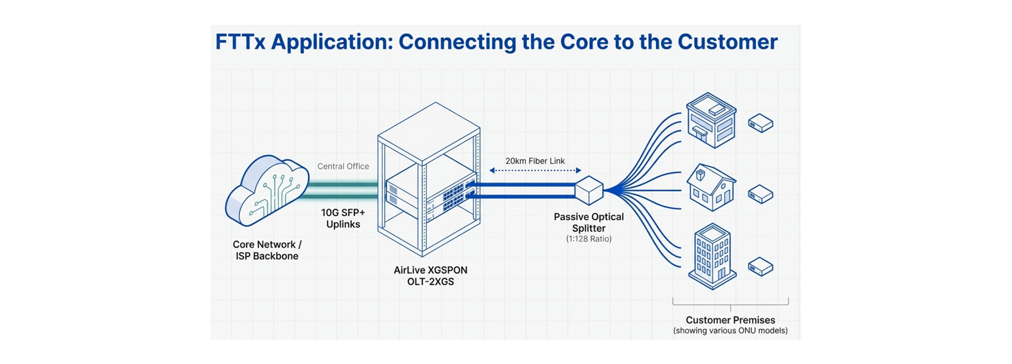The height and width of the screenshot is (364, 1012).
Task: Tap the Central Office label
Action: pyautogui.click(x=343, y=166)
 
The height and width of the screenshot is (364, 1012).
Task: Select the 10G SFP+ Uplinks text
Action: pyautogui.click(x=343, y=218)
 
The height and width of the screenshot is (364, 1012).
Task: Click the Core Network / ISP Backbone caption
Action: pyautogui.click(x=267, y=250)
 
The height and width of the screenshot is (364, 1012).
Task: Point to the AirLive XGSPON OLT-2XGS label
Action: pyautogui.click(x=431, y=275)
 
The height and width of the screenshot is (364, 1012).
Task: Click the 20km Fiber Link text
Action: pyautogui.click(x=535, y=161)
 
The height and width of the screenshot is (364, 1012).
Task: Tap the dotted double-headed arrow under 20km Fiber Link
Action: pyautogui.click(x=535, y=170)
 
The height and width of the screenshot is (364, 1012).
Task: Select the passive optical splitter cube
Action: pyautogui.click(x=589, y=190)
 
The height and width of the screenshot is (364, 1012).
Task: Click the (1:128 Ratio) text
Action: pyautogui.click(x=589, y=239)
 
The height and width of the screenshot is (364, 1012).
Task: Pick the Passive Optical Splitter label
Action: pyautogui.click(x=589, y=222)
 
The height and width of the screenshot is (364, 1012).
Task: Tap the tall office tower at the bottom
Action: pyautogui.click(x=712, y=257)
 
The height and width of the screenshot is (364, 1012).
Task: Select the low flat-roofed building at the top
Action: pyautogui.click(x=711, y=120)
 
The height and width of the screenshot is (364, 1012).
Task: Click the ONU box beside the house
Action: pyautogui.click(x=761, y=194)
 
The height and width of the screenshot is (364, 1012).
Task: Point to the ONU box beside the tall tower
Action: pyautogui.click(x=761, y=266)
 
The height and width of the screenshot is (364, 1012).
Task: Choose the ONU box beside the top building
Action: pyautogui.click(x=761, y=123)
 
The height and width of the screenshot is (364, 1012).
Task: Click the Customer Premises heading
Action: pyautogui.click(x=730, y=320)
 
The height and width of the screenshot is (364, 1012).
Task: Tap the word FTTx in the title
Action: pyautogui.click(x=240, y=42)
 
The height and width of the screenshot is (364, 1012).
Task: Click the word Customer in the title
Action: pyautogui.click(x=727, y=42)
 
